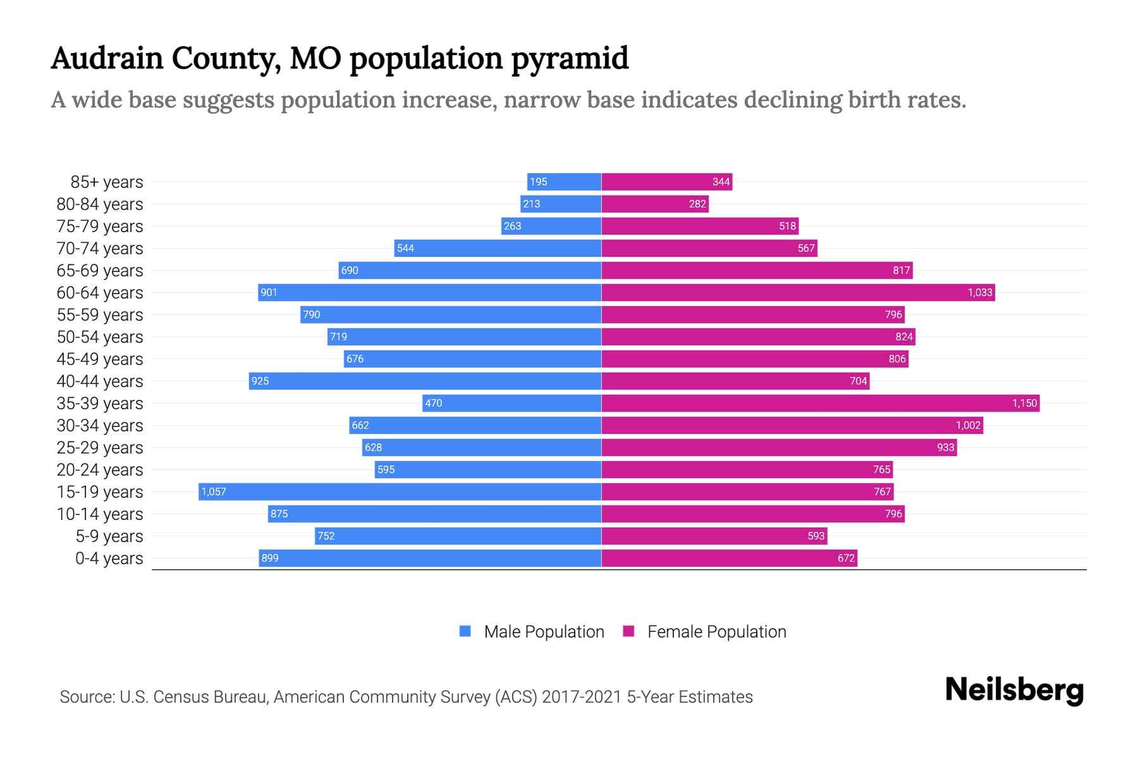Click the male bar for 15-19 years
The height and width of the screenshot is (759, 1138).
[400, 491]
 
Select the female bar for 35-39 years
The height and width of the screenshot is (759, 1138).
[820, 403]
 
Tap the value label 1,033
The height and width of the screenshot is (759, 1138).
[980, 292]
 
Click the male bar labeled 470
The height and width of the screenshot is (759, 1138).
[511, 403]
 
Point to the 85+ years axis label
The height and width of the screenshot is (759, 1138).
[107, 182]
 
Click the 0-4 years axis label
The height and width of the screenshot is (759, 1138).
[109, 558]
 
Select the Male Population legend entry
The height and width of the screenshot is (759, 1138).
[543, 631]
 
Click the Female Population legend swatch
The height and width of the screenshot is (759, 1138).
[628, 631]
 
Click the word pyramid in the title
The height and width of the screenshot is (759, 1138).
[570, 58]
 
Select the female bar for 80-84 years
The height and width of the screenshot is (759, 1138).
[655, 204]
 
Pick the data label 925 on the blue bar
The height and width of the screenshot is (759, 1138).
[260, 381]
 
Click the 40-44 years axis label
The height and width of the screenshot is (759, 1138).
[100, 381]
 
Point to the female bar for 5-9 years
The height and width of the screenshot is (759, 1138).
[714, 536]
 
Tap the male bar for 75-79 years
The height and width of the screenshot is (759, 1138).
[551, 226]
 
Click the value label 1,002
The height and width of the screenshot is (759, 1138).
[967, 425]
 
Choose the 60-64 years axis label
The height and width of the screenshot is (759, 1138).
[100, 293]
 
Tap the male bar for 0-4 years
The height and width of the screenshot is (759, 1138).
[430, 558]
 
